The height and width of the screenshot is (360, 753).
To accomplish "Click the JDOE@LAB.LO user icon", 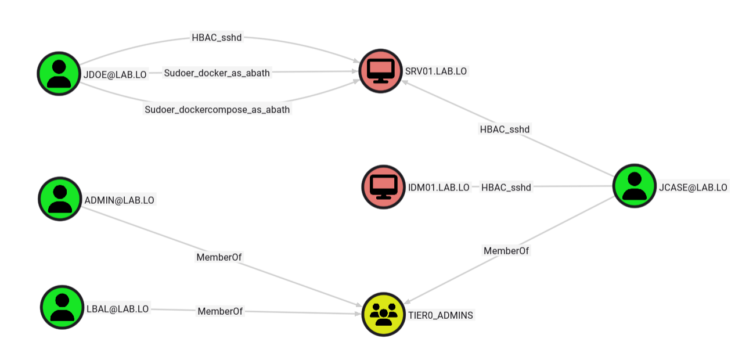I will [x=59, y=73].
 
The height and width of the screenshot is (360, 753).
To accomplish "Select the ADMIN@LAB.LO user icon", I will [x=60, y=199].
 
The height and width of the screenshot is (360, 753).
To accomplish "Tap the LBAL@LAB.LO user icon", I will [x=62, y=307].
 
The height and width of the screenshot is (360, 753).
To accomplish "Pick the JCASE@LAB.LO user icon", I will [x=634, y=186].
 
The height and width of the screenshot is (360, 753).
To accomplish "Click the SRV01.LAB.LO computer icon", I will [x=381, y=71].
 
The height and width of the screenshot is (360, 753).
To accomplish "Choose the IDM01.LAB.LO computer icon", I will [x=383, y=186].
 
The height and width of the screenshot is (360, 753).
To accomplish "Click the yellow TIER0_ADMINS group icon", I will [x=383, y=314].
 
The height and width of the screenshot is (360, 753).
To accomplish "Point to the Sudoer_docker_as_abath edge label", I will [x=217, y=73].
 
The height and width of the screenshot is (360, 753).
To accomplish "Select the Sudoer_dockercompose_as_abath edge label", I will [x=217, y=109].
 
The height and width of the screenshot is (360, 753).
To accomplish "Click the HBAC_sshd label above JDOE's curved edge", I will [x=217, y=38].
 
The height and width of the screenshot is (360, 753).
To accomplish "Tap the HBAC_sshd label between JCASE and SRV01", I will [x=505, y=129].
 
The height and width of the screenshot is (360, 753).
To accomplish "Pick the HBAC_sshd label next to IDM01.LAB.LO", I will [x=506, y=187].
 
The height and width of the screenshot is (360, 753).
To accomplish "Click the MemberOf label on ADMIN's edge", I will [x=219, y=257].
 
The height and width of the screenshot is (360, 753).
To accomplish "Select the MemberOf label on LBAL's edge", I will [x=220, y=311].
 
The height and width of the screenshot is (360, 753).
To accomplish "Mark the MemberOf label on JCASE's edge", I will [x=506, y=251].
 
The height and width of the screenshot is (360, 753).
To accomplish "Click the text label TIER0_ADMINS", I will [x=441, y=315].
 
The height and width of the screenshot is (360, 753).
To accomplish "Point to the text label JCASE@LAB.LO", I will [x=693, y=187].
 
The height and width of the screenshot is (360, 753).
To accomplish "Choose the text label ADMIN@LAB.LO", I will [x=119, y=200].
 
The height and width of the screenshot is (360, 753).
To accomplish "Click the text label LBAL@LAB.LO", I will [x=117, y=309].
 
